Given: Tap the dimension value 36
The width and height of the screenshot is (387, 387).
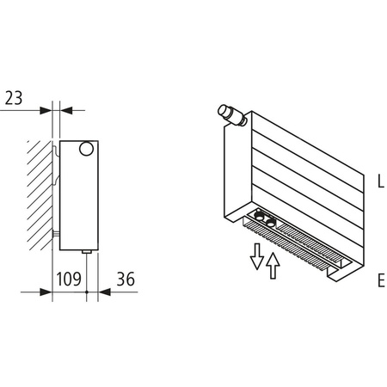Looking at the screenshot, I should [124, 279].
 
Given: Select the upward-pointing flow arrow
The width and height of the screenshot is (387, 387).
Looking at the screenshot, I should [273, 267].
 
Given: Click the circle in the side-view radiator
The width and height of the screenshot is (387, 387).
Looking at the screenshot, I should [87, 150].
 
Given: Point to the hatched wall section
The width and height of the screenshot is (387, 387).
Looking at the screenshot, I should [39, 189].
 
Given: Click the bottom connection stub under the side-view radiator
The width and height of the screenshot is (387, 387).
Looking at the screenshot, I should [87, 251].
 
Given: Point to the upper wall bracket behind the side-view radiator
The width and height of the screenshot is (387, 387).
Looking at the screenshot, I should [57, 155].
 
